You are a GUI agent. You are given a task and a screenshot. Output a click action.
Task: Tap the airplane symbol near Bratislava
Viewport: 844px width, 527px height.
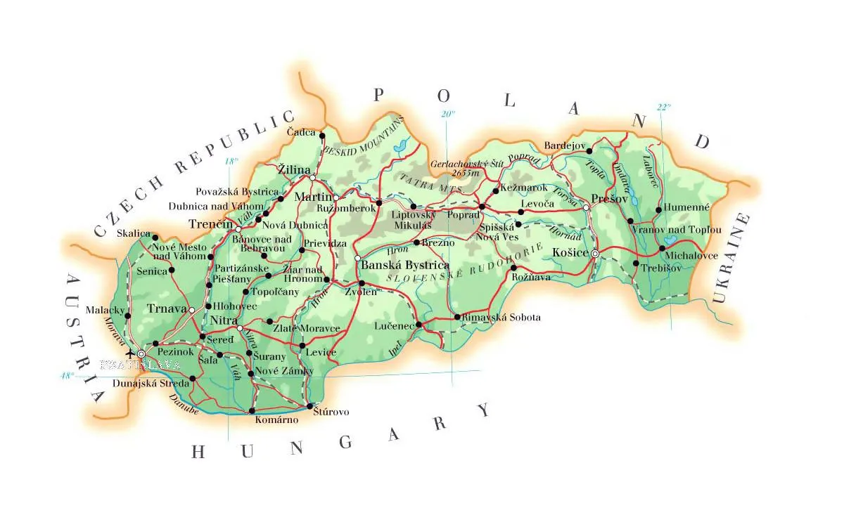[x=128, y=353]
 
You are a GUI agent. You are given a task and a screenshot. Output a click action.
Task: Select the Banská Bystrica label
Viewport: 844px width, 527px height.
[x=404, y=266]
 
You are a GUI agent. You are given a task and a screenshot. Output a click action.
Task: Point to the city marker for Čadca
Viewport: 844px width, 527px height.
[x=322, y=136]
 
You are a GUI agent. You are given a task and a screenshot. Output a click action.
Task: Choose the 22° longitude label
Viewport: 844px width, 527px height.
[x=663, y=108]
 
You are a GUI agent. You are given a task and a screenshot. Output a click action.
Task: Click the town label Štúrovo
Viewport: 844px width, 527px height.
[x=331, y=412]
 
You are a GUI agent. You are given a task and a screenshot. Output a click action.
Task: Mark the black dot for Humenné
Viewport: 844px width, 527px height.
[x=658, y=209]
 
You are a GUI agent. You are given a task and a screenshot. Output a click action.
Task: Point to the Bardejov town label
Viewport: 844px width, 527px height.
[x=564, y=146]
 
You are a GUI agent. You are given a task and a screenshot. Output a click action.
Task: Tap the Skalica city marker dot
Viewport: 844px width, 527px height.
[x=155, y=238]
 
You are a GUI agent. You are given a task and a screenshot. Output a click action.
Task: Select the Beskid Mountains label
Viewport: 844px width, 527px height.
[x=364, y=138]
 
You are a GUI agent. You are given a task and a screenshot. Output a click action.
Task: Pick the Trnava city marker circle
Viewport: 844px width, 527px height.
[x=192, y=309]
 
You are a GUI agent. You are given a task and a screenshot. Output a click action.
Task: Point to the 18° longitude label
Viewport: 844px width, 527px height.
[x=231, y=161]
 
